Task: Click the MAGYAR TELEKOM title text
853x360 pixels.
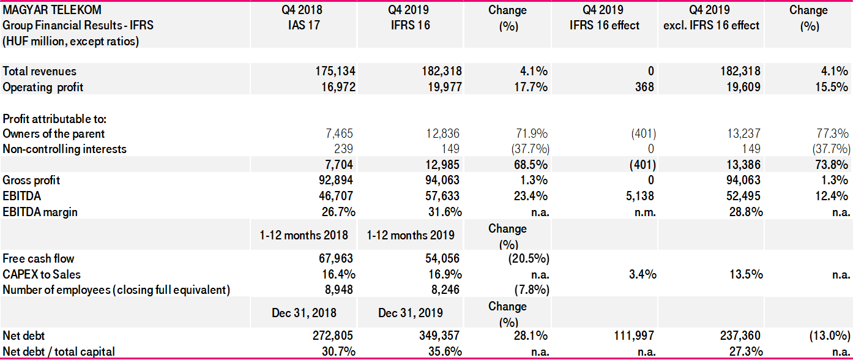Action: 53,10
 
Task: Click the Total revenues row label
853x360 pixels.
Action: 40,72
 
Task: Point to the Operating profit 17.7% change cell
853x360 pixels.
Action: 531,88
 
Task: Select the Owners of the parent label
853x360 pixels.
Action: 54,133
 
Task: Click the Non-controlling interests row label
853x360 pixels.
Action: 65,149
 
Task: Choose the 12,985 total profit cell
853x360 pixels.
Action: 440,165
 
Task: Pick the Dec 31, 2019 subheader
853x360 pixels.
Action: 411,313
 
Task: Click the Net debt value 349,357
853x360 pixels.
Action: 436,336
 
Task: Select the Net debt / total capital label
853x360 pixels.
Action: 59,351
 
